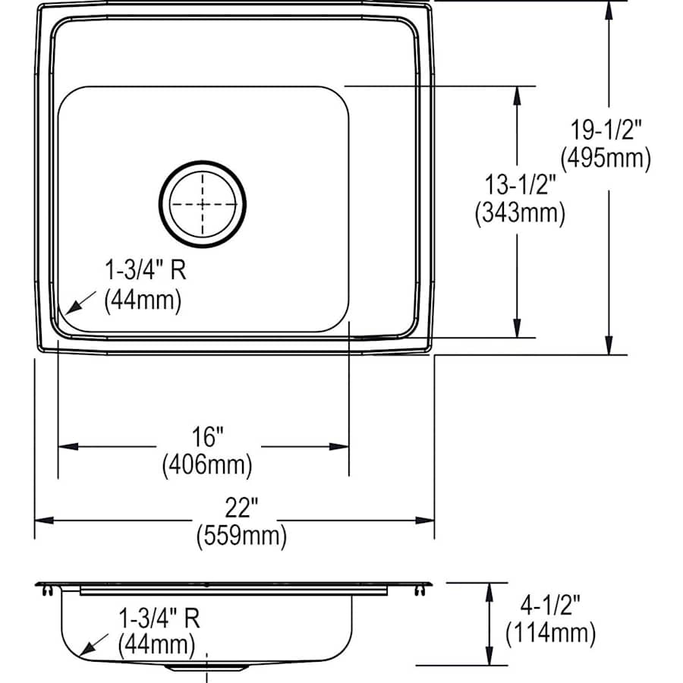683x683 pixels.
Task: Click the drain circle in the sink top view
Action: click(203, 203)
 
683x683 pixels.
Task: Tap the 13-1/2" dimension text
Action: click(521, 184)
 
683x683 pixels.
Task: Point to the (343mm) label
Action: click(520, 213)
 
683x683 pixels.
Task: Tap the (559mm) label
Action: click(241, 536)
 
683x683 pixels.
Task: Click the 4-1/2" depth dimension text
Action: click(551, 604)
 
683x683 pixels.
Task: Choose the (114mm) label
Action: click(551, 631)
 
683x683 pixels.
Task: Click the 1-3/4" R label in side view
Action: click(159, 618)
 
